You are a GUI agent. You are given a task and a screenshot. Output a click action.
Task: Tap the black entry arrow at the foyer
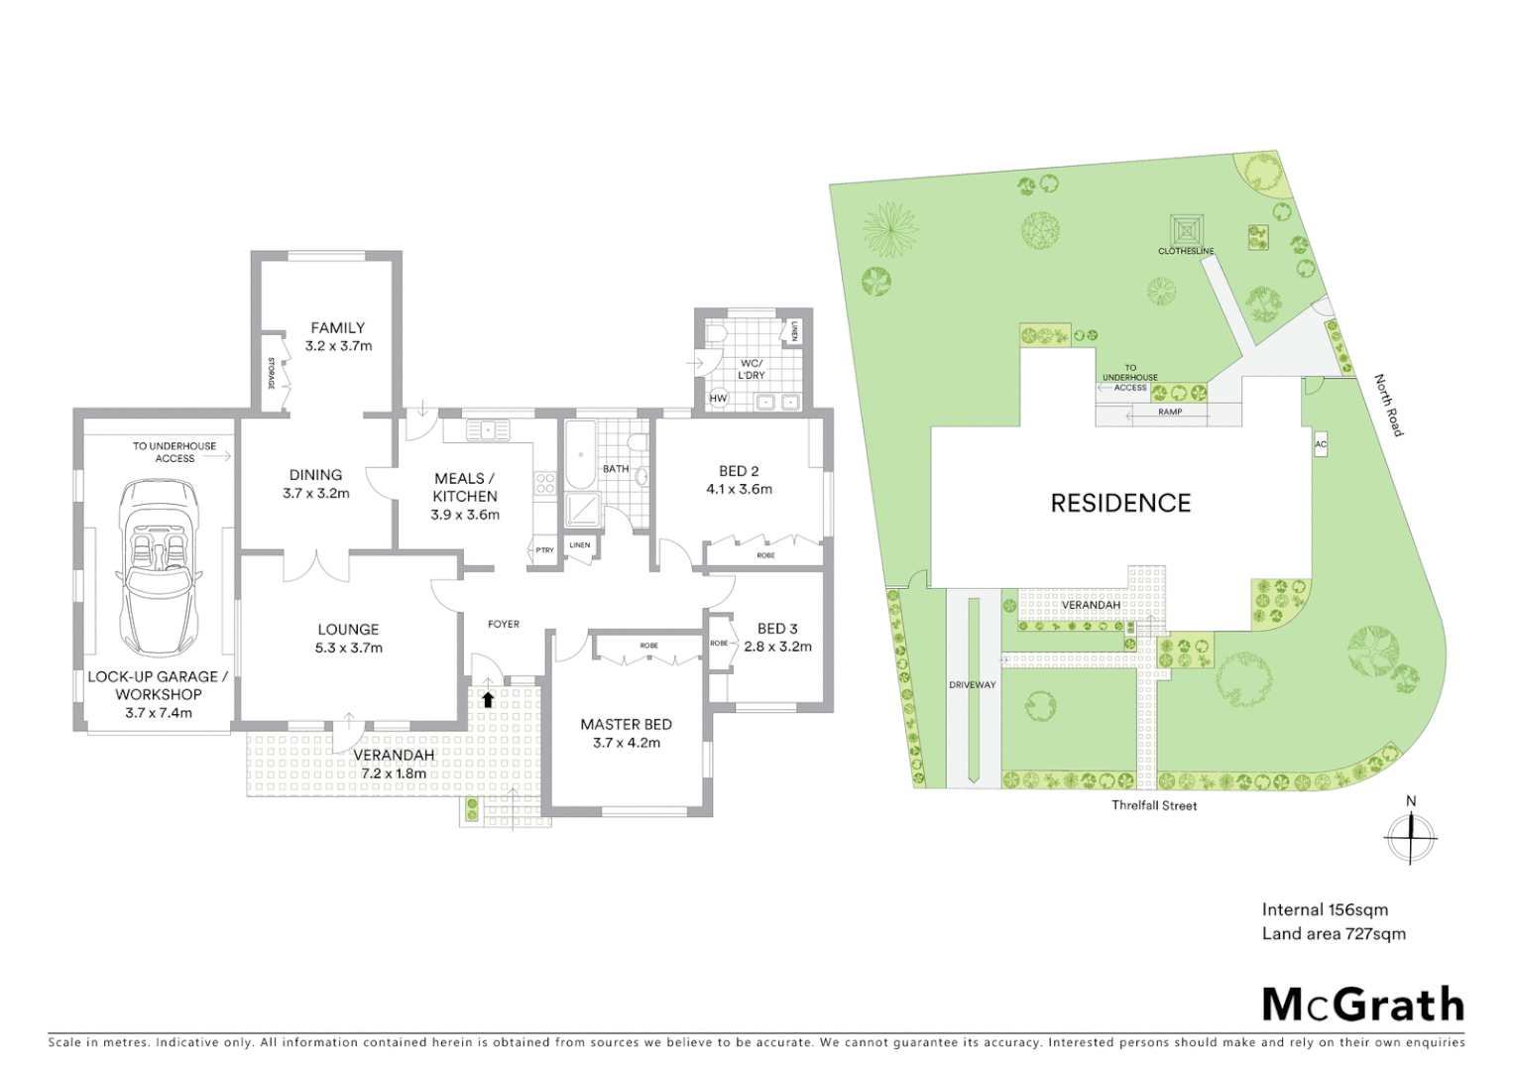(488, 699)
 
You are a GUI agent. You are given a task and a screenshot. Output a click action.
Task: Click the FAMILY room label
(338, 327)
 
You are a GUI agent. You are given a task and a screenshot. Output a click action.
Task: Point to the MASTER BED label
(626, 725)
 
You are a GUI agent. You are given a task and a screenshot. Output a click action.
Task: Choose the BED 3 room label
(776, 629)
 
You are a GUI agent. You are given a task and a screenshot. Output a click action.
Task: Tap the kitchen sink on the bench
(487, 430)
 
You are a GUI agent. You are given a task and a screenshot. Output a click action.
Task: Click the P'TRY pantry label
(544, 550)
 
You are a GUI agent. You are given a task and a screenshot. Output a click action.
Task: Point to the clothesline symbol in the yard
(1186, 230)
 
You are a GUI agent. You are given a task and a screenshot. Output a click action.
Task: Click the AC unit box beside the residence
(1321, 445)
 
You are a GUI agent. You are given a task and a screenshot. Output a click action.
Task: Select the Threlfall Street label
(1154, 805)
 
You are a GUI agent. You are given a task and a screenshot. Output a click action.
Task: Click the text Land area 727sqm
(1334, 933)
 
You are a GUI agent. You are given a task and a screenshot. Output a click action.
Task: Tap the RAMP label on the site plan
(1170, 412)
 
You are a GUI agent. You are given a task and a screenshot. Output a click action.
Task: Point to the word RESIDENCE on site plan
(1120, 503)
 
